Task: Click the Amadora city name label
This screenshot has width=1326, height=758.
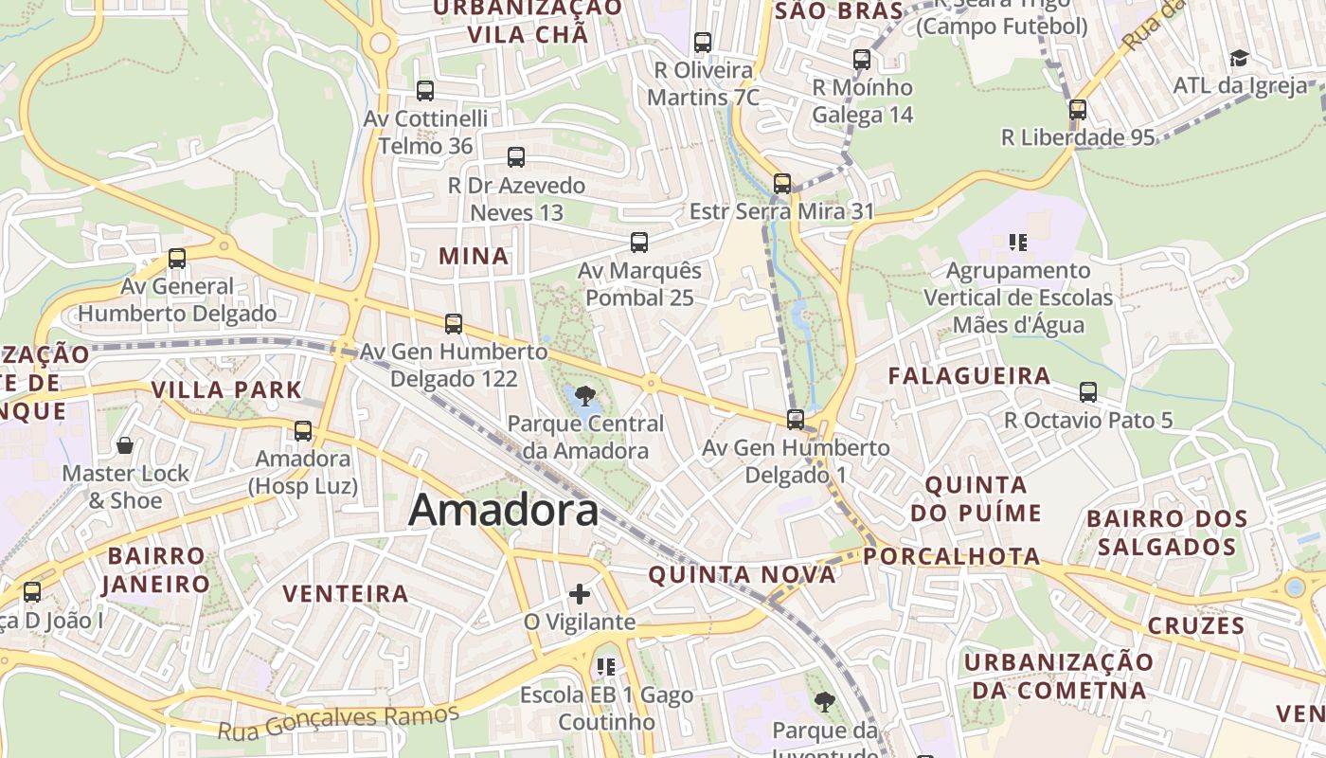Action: (503, 511)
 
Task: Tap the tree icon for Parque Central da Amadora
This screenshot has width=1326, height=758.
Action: (585, 396)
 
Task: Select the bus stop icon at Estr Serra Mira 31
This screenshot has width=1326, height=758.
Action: (782, 184)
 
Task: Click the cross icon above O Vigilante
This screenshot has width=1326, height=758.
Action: (580, 594)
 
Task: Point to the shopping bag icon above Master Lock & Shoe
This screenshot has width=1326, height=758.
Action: (124, 445)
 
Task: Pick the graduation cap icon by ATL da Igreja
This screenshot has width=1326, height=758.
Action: (1239, 59)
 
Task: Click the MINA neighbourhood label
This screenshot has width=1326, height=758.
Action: (474, 256)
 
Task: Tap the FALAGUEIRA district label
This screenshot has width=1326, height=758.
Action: (969, 376)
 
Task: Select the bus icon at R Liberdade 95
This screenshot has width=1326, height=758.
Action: (1078, 110)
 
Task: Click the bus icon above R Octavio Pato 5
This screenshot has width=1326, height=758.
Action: (1088, 392)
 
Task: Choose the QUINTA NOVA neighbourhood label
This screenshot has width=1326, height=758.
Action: (743, 574)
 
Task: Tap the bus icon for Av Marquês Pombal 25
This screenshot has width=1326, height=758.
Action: (639, 243)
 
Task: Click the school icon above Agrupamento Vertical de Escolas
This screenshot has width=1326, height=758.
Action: (1018, 243)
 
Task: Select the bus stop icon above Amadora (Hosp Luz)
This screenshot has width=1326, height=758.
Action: (303, 431)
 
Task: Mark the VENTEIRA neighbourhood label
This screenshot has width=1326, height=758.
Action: (346, 594)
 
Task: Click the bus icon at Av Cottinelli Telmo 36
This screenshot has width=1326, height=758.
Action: (425, 91)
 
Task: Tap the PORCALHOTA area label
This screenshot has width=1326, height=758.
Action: (952, 556)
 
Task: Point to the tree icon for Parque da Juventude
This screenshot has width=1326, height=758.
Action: (825, 702)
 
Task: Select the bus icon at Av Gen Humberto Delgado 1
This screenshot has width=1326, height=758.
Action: (796, 419)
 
